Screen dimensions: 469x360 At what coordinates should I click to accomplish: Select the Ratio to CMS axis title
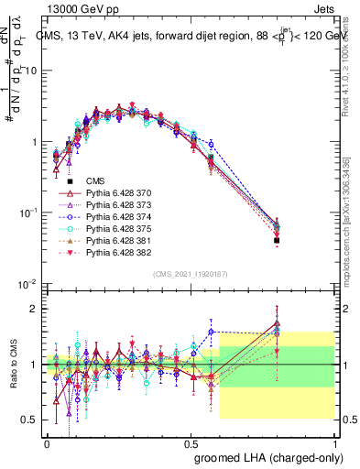tap(12, 365)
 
